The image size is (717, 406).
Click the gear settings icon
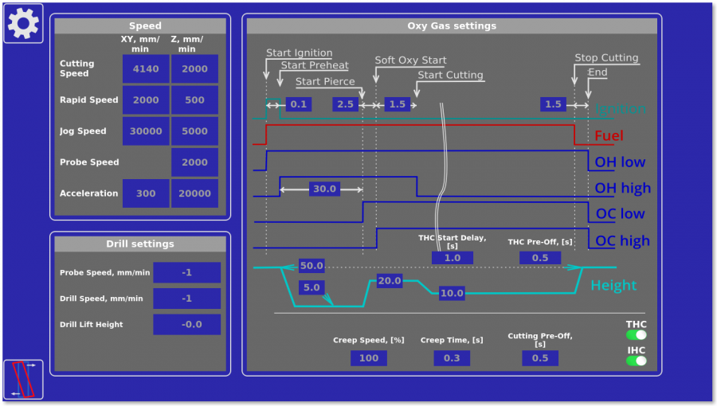(23, 23)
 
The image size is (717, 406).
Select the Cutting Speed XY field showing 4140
(146, 69)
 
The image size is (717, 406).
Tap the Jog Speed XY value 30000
(146, 131)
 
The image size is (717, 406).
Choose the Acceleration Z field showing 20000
(194, 193)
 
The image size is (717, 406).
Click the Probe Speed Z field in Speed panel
(194, 162)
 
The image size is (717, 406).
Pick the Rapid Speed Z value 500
(194, 100)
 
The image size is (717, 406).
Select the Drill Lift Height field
(186, 325)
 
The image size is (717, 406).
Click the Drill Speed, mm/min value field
(186, 299)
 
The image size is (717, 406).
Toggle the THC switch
(636, 335)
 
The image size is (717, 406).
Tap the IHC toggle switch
(636, 361)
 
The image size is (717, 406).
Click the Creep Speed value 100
(369, 358)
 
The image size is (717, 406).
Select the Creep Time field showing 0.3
(452, 358)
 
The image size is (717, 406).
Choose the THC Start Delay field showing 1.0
(452, 258)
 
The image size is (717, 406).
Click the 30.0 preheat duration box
(324, 189)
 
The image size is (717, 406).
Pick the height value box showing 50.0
(311, 266)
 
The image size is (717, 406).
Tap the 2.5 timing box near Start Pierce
(346, 104)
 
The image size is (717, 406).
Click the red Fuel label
(609, 136)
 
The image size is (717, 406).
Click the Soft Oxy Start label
(410, 61)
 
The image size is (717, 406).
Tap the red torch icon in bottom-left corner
(23, 379)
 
